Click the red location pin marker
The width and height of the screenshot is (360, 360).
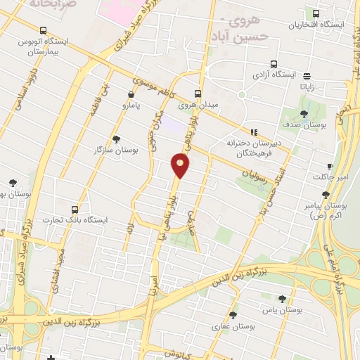coord(181,165)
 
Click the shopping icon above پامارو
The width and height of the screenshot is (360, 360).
coord(131,94)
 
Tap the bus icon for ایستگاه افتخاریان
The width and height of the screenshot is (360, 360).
coord(316,13)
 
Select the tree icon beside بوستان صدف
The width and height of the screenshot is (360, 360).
coord(304,114)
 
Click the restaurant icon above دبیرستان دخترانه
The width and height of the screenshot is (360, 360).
coord(255,131)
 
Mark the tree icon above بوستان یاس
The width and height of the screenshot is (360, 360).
coord(282,298)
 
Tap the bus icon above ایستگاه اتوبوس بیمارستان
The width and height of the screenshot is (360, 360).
coord(44,30)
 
